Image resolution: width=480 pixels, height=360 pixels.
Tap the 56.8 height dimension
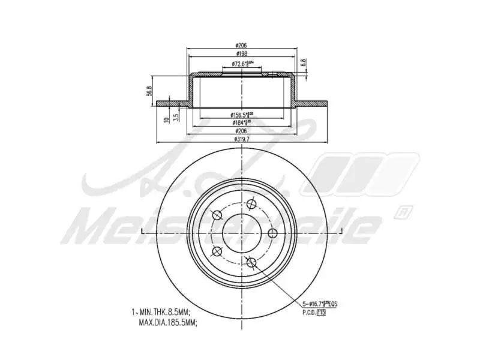(x=149, y=90)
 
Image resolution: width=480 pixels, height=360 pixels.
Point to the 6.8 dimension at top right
(x=304, y=62)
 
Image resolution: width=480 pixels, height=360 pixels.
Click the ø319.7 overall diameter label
(x=242, y=140)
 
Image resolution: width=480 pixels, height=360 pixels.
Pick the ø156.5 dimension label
(x=242, y=115)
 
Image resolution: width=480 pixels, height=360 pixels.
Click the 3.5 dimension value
(x=176, y=116)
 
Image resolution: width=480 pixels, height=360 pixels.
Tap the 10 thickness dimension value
(x=166, y=119)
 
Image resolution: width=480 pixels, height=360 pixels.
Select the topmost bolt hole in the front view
(x=251, y=203)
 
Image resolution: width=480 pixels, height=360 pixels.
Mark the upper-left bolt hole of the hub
(x=217, y=215)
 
